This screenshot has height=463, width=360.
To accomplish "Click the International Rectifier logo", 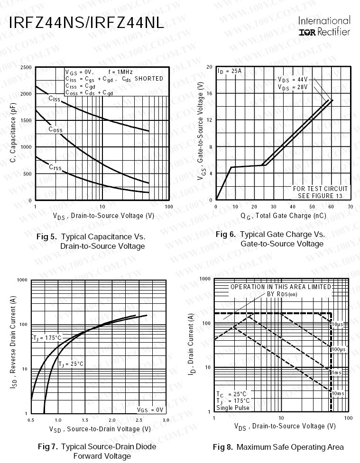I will click(324, 27).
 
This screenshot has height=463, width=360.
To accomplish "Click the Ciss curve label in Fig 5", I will click(55, 99).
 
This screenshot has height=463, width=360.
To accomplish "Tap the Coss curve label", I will click(55, 129).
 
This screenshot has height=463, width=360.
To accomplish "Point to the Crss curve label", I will click(55, 167).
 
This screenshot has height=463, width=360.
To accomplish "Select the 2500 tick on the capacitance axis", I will click(26, 68).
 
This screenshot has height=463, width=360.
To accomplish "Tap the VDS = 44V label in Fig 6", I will click(292, 79).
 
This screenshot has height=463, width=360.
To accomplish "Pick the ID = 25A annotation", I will click(230, 71).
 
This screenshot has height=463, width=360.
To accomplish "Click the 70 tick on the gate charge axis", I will click(350, 207).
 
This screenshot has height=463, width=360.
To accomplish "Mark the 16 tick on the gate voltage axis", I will click(210, 94).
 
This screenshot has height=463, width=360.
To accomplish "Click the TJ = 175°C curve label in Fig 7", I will click(47, 338).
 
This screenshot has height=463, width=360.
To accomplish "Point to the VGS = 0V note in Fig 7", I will click(150, 409).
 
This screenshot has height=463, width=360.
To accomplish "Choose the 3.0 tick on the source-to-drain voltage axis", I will click(166, 420).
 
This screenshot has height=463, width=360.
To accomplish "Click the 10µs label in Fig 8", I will click(337, 324).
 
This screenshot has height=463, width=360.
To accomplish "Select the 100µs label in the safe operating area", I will click(338, 349).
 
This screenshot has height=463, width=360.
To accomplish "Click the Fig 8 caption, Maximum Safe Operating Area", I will click(278, 447).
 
